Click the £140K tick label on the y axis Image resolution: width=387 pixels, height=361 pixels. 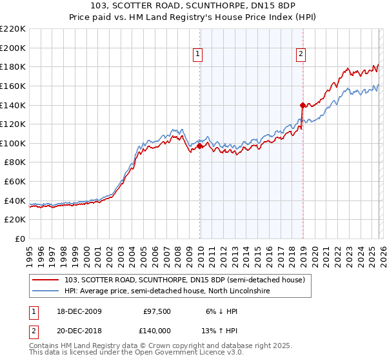14,104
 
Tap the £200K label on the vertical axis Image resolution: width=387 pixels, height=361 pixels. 14,48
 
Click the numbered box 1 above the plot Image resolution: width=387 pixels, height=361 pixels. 197,55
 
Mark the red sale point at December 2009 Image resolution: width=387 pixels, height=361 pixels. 199,146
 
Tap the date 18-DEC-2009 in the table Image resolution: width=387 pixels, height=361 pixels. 76,311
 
